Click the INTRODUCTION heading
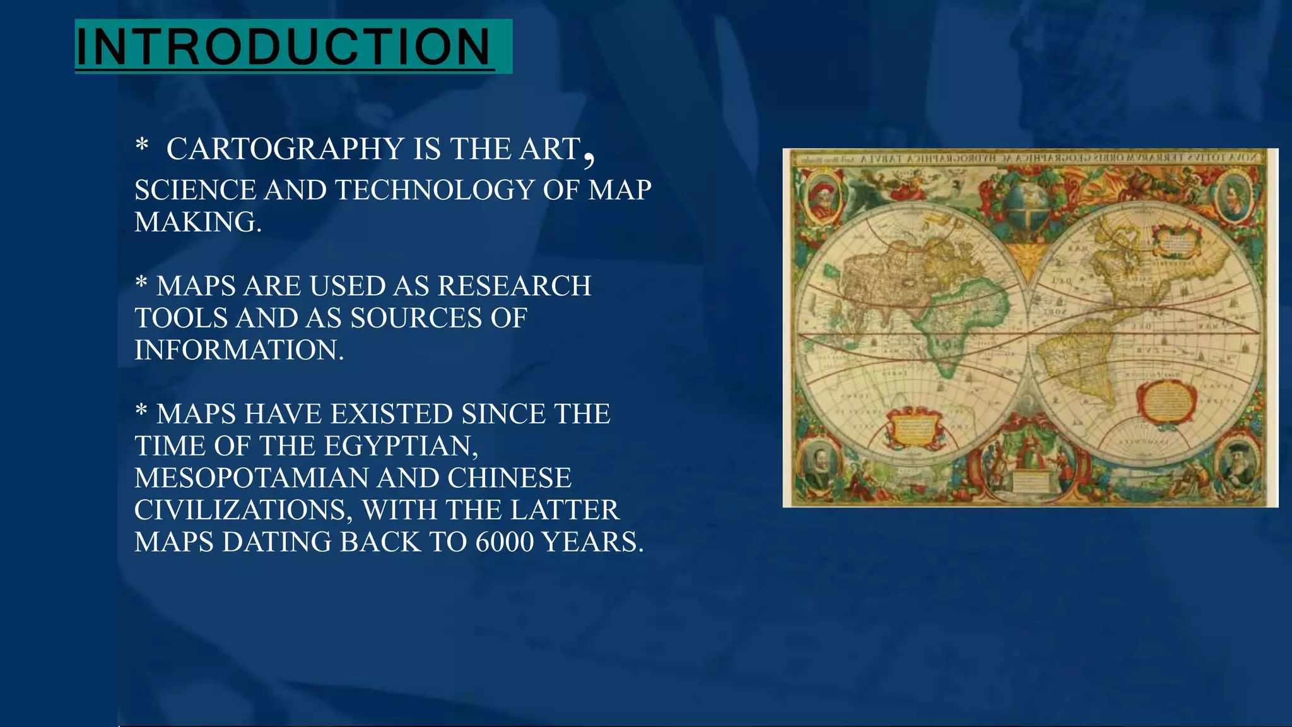tap(284, 47)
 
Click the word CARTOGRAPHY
tap(285, 150)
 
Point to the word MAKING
tap(197, 222)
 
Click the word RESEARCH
tap(514, 286)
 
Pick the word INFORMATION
tap(239, 350)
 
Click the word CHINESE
tap(509, 478)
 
